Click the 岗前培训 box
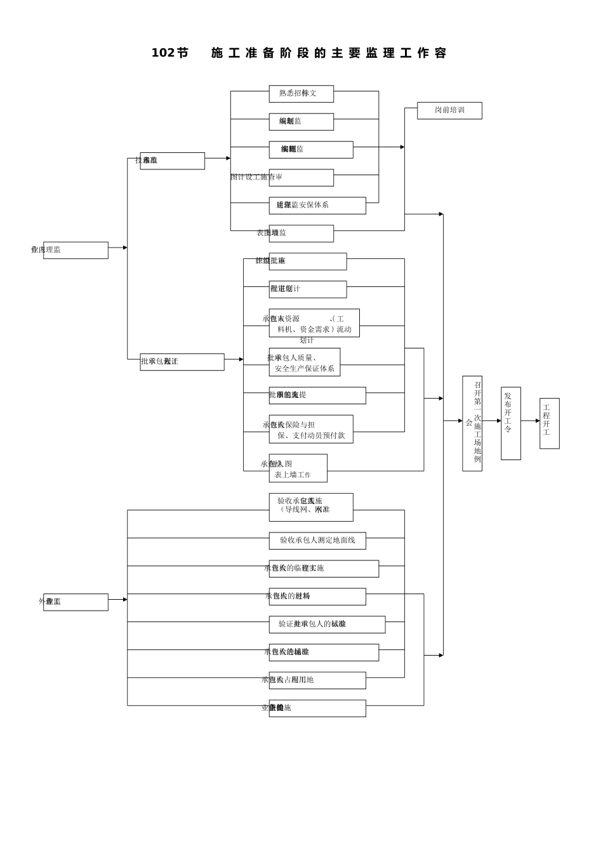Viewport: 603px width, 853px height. [x=449, y=110]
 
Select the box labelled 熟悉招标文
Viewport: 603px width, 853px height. [x=301, y=94]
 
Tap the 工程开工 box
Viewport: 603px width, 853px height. [x=549, y=423]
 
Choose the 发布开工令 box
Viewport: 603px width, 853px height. [x=510, y=423]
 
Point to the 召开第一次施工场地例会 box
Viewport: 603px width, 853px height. [x=472, y=423]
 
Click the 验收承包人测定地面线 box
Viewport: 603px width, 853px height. [x=317, y=541]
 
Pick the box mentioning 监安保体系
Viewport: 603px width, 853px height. [x=317, y=206]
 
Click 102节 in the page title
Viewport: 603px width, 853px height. [x=169, y=53]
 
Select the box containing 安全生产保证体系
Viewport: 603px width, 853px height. [x=305, y=362]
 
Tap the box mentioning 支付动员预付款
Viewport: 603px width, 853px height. [x=311, y=429]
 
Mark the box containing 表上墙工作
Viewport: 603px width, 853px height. [x=298, y=468]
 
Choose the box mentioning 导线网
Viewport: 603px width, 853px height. [x=311, y=507]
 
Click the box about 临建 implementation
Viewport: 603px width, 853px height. [x=324, y=569]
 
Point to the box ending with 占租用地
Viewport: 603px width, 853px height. [x=317, y=680]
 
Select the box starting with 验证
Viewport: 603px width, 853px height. [x=327, y=625]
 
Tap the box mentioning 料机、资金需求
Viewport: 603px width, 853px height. [x=314, y=323]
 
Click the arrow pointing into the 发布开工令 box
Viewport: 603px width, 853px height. [x=498, y=421]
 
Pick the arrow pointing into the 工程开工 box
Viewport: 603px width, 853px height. [x=537, y=421]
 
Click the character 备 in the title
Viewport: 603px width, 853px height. [x=268, y=53]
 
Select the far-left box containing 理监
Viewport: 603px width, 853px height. [x=76, y=250]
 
